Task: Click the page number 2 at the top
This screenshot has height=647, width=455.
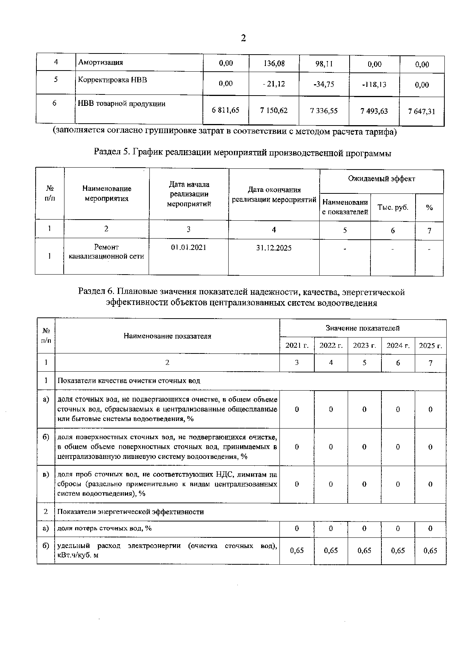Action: point(243,38)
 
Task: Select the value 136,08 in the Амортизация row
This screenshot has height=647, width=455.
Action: point(274,63)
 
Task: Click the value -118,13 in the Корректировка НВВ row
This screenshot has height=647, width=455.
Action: point(374,85)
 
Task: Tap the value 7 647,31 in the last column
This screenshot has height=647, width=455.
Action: point(422,111)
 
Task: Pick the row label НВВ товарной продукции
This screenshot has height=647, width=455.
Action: point(121,104)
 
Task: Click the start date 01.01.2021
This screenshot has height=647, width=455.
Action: point(188,248)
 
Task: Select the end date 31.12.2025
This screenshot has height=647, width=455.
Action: point(274,248)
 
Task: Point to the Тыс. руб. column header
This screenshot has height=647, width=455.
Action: point(393,207)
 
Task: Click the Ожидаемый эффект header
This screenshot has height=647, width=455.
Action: point(381,179)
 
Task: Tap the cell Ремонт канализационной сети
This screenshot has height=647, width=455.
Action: point(106,252)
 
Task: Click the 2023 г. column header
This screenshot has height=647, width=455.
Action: point(364,345)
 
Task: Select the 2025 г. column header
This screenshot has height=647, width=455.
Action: point(430,345)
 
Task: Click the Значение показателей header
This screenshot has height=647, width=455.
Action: point(362,328)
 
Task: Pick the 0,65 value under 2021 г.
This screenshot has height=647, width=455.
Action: point(297,551)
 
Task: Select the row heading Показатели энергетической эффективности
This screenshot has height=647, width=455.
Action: point(130,512)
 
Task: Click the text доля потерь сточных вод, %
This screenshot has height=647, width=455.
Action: point(104,528)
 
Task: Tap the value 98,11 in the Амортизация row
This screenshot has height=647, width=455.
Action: point(324,64)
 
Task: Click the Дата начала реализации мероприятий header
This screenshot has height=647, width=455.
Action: point(189,194)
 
